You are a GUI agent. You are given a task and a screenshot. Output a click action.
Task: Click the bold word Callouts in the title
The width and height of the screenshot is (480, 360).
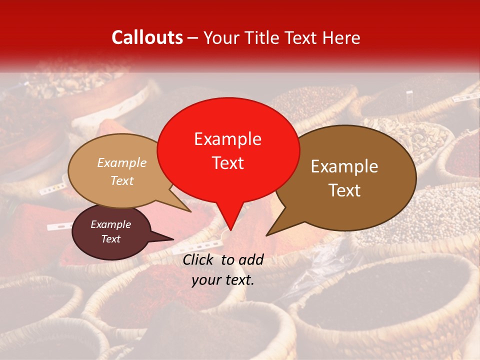click(x=147, y=37)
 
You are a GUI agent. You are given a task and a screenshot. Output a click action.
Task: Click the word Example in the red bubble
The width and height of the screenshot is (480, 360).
click(x=227, y=139)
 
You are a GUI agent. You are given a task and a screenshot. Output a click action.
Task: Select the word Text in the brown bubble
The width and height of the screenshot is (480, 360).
click(x=344, y=190)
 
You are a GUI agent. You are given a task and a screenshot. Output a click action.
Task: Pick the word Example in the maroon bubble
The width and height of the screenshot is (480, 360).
click(x=110, y=224)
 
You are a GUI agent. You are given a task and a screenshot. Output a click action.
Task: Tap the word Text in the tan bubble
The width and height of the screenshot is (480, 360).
click(x=122, y=180)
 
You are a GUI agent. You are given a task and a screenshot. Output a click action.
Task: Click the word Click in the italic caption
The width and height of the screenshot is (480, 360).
click(x=198, y=259)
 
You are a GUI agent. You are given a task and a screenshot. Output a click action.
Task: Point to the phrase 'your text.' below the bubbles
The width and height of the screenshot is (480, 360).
click(x=223, y=280)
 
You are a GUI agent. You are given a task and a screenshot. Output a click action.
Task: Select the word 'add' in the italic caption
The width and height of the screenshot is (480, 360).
click(x=251, y=259)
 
